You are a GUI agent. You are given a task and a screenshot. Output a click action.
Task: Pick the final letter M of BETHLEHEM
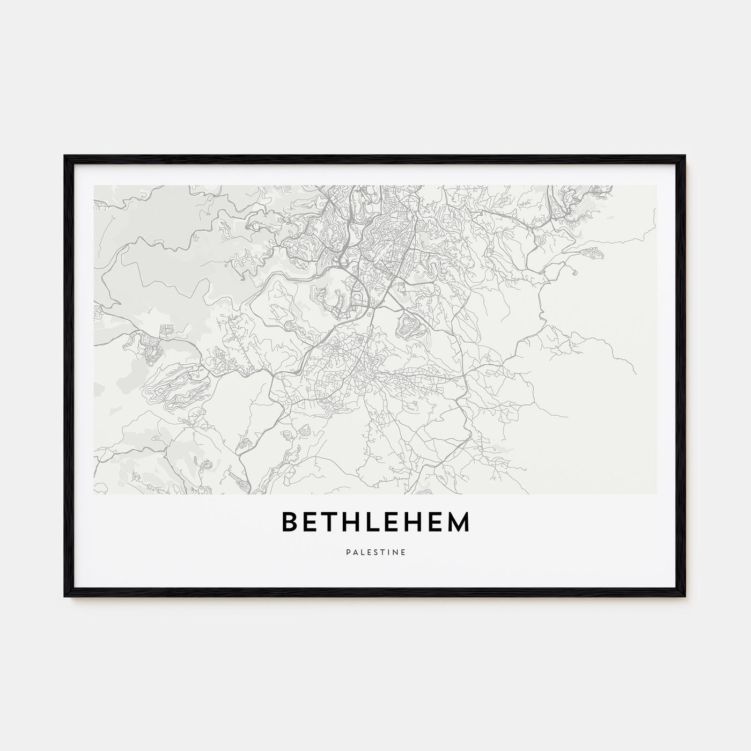tap(457, 522)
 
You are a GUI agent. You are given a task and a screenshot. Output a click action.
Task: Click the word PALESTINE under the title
tap(376, 550)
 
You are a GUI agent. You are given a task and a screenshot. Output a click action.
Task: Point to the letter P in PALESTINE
tap(348, 550)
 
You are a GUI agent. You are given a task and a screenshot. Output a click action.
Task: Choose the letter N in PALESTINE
tap(395, 550)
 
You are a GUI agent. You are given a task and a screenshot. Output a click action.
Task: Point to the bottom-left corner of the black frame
tap(65, 597)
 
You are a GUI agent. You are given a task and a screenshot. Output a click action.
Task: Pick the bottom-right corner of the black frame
tap(686, 597)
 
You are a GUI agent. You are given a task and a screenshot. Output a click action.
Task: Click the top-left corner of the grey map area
tap(94, 186)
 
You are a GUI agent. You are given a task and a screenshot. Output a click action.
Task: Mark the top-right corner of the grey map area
tap(657, 186)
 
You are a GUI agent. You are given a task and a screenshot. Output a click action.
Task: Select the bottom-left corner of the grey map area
tap(94, 494)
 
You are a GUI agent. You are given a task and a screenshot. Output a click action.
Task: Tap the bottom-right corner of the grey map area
tap(657, 494)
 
